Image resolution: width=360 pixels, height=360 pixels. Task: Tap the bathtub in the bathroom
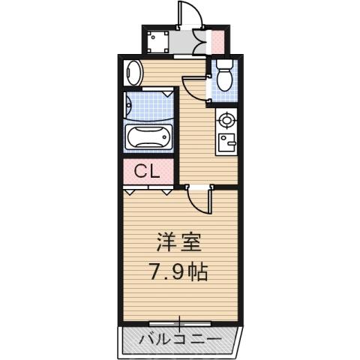151,138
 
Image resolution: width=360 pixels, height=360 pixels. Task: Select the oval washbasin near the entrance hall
133,73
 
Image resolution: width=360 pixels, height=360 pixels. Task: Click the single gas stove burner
226,119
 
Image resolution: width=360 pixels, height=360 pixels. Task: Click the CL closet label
146,171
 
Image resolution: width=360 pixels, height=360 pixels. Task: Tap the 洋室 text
178,243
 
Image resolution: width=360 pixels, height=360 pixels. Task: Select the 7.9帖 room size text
178,270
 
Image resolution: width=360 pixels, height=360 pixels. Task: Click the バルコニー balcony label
179,340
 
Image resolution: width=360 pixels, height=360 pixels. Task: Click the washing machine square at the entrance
157,40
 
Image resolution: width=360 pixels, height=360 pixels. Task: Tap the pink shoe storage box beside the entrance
217,40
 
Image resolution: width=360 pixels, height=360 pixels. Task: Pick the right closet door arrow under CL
166,191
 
